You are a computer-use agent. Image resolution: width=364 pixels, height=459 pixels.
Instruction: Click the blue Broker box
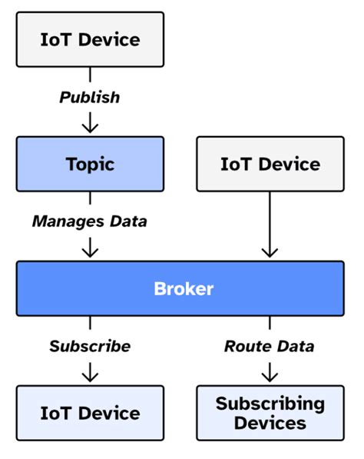pos(183,289)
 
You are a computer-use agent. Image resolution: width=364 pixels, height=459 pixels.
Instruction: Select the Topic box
pos(90,164)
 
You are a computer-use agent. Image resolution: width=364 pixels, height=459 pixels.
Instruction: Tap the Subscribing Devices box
pos(270,413)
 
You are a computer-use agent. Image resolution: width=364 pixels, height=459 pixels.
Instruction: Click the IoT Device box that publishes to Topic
pos(90,38)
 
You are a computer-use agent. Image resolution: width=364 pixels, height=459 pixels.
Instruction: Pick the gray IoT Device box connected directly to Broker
pos(270,164)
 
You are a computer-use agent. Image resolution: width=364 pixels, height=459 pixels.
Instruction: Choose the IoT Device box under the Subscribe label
pos(90,413)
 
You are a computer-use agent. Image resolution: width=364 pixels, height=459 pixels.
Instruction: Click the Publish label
pos(90,98)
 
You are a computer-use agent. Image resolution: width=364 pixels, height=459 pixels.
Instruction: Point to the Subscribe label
pos(90,346)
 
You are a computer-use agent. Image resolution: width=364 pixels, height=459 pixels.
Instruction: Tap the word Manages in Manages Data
pos(66,221)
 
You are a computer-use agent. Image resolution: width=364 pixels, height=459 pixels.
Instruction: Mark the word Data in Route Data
pos(296,346)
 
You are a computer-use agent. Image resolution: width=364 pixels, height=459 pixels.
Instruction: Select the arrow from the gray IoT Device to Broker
pos(270,223)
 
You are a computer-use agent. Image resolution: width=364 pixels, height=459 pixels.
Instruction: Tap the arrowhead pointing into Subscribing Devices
pos(270,376)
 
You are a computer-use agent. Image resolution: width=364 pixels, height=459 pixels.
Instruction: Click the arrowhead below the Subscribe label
pos(90,376)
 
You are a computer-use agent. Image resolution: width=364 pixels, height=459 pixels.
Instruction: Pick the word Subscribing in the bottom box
pos(270,404)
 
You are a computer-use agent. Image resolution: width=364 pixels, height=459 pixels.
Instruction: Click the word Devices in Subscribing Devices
pos(270,423)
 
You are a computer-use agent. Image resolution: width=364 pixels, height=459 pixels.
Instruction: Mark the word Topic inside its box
pos(90,164)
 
